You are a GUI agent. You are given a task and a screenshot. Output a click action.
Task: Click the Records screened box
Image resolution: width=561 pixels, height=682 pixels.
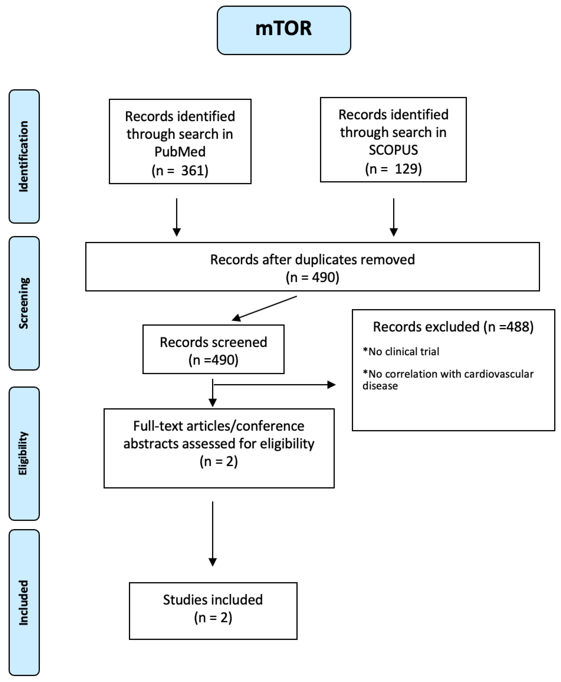click(x=213, y=349)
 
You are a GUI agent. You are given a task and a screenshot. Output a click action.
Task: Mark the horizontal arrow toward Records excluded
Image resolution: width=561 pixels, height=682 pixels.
click(x=275, y=385)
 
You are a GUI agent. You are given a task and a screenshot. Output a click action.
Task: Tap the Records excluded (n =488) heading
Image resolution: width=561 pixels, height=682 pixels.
click(x=453, y=327)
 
